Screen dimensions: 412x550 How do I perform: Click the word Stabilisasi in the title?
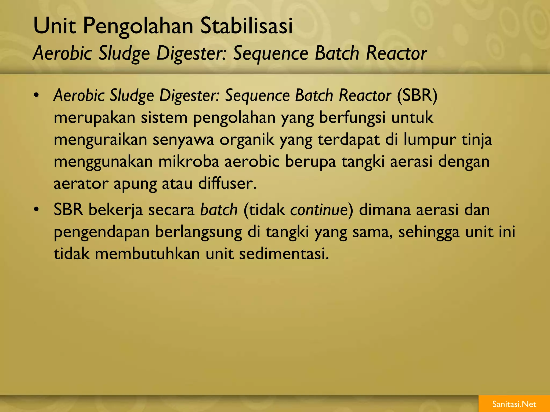[246, 26]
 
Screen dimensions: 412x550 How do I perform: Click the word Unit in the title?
[55, 26]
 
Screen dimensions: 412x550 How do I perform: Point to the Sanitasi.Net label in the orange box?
[514, 404]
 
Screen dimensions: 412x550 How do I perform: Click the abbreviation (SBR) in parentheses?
[417, 95]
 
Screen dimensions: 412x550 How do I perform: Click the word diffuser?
[227, 184]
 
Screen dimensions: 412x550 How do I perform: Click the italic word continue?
[319, 209]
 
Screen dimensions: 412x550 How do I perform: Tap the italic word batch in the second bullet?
[219, 209]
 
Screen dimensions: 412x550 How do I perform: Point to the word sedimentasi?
[284, 253]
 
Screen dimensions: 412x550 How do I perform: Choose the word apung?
[135, 184]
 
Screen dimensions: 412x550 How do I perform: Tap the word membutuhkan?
[147, 253]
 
